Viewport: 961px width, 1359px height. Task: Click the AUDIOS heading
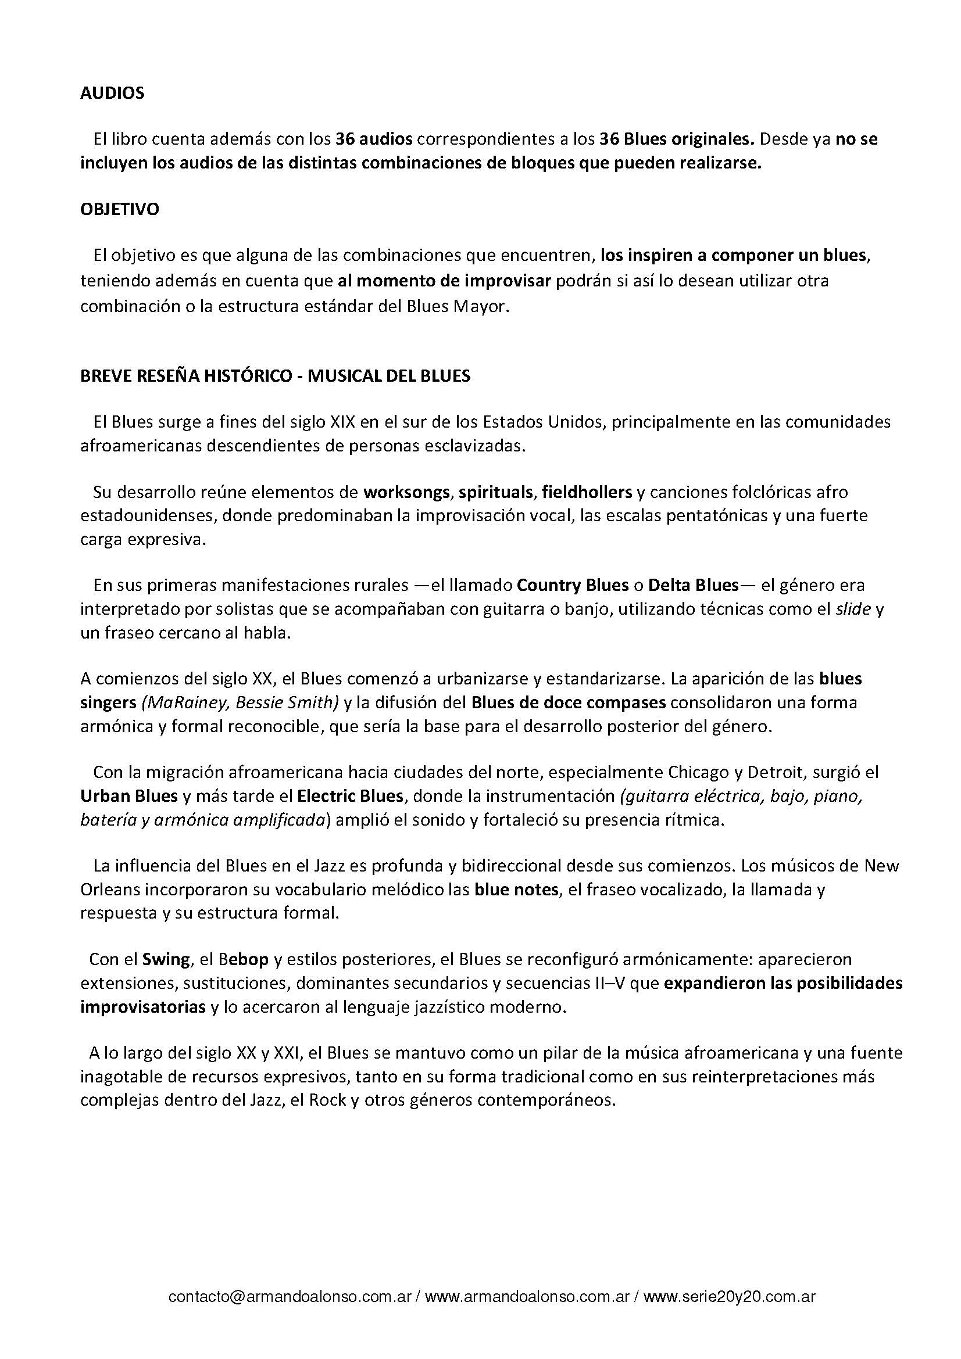click(x=112, y=94)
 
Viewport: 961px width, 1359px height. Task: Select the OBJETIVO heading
click(x=120, y=210)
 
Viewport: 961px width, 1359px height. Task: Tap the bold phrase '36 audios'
click(x=374, y=139)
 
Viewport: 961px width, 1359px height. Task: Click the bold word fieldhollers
click(x=587, y=492)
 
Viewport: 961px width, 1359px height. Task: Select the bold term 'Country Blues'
click(x=573, y=586)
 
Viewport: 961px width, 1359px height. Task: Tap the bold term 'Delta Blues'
click(x=694, y=586)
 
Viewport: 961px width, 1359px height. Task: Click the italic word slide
click(x=853, y=609)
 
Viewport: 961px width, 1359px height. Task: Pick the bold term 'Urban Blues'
click(x=129, y=796)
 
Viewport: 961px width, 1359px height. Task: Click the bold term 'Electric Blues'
click(x=350, y=796)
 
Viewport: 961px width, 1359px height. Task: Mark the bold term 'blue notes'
click(x=516, y=890)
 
